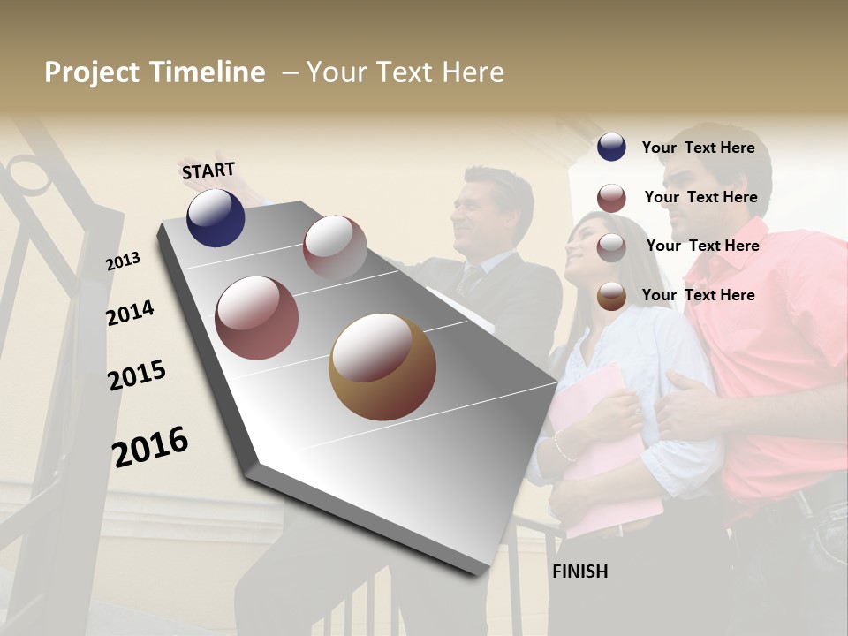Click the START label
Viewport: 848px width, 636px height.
tap(208, 170)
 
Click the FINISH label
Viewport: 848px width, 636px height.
tap(579, 572)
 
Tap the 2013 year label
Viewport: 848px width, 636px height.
tap(123, 261)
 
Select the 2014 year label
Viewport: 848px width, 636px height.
tap(130, 313)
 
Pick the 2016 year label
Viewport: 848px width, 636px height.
tap(149, 447)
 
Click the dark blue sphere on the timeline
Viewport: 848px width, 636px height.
tap(216, 218)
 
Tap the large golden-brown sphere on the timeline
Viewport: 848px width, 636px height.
tap(382, 367)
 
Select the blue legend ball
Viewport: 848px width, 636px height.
tap(611, 147)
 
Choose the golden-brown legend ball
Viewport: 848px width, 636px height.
tap(611, 296)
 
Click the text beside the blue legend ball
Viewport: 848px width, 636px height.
tap(698, 148)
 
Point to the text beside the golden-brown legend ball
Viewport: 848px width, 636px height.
tap(698, 295)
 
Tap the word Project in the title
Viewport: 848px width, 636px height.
tap(92, 72)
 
